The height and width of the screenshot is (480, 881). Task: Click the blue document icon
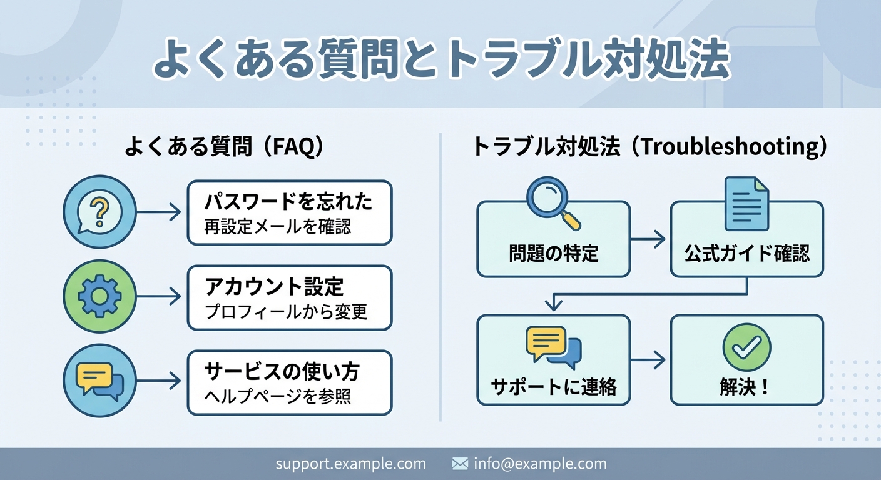(746, 204)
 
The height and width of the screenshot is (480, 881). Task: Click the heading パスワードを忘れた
(288, 202)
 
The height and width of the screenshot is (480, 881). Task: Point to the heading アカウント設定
(274, 287)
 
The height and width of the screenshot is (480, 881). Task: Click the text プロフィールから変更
(286, 311)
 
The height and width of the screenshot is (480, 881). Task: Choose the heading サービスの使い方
(282, 372)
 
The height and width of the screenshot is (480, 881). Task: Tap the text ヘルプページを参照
(278, 396)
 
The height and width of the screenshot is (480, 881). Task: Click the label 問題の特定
(553, 253)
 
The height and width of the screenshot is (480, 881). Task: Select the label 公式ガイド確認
(746, 253)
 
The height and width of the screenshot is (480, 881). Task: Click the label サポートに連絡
(553, 387)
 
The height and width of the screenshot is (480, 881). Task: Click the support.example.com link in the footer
(350, 464)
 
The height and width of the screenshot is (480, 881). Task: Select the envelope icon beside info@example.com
(460, 464)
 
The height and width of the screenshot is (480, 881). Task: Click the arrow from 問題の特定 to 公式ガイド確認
(648, 238)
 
